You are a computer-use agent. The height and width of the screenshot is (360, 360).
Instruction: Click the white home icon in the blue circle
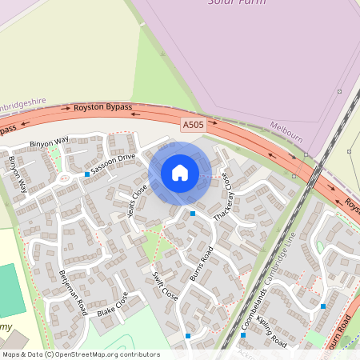[180, 173]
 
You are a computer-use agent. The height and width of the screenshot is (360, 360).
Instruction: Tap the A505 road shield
[193, 125]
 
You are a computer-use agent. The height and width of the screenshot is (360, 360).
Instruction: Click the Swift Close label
[165, 283]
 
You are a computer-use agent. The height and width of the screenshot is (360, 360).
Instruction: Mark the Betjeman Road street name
[72, 291]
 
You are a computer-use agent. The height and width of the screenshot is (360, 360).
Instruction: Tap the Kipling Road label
[277, 330]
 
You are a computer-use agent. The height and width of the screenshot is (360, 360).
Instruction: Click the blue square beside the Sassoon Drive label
[86, 174]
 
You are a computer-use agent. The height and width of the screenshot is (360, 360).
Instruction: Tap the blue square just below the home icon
[193, 213]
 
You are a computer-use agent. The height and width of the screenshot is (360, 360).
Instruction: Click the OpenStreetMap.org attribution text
[104, 354]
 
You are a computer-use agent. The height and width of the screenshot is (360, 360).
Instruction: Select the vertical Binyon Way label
[18, 174]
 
